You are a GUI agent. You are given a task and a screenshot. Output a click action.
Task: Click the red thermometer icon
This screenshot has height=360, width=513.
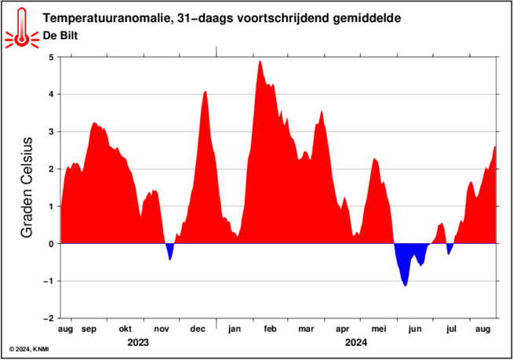[22, 28]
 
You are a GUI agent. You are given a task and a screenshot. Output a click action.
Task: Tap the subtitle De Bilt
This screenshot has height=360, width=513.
[60, 35]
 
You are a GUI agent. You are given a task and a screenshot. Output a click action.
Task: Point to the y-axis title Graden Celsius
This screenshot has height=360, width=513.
[27, 187]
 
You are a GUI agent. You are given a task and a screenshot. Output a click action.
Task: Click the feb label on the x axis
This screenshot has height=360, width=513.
[271, 329]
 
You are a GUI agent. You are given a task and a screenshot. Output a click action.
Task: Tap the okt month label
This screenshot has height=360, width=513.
[125, 329]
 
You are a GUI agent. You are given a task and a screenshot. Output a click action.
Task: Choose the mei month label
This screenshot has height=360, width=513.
[379, 329]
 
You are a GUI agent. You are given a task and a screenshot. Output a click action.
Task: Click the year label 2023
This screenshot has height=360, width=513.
[138, 343]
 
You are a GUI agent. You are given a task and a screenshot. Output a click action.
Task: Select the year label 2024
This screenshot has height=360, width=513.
[356, 343]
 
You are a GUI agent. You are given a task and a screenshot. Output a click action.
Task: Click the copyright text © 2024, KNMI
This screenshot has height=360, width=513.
[29, 350]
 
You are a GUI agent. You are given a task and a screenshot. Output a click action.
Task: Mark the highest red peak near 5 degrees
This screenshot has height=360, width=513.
[260, 61]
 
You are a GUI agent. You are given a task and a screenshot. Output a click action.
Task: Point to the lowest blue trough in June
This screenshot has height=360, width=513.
[406, 285]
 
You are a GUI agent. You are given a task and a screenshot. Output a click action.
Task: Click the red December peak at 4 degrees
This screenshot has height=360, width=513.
[206, 92]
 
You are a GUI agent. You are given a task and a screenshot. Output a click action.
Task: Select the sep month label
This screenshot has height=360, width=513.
[89, 329]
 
